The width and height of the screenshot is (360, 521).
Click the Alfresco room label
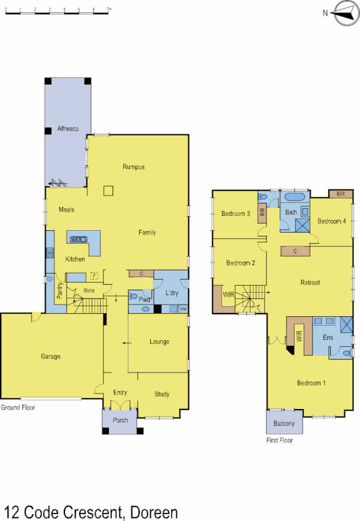(x=66, y=129)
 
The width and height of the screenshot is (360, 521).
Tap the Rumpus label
(x=133, y=167)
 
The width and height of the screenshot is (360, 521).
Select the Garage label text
(x=51, y=356)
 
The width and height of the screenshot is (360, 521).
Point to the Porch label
(x=120, y=420)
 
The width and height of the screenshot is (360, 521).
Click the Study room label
(x=162, y=394)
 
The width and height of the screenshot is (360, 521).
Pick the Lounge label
(x=159, y=342)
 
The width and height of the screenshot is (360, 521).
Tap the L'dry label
(x=171, y=292)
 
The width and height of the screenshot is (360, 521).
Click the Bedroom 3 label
(x=235, y=214)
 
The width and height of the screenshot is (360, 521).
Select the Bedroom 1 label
(x=311, y=383)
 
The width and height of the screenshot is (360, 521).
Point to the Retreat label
(x=310, y=283)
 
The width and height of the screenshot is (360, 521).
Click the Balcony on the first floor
(x=285, y=424)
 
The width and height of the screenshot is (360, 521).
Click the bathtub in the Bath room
(x=294, y=198)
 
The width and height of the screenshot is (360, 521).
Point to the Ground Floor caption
(x=18, y=408)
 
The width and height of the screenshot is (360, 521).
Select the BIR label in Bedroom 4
(x=341, y=194)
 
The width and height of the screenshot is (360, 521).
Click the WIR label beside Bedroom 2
(x=228, y=295)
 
